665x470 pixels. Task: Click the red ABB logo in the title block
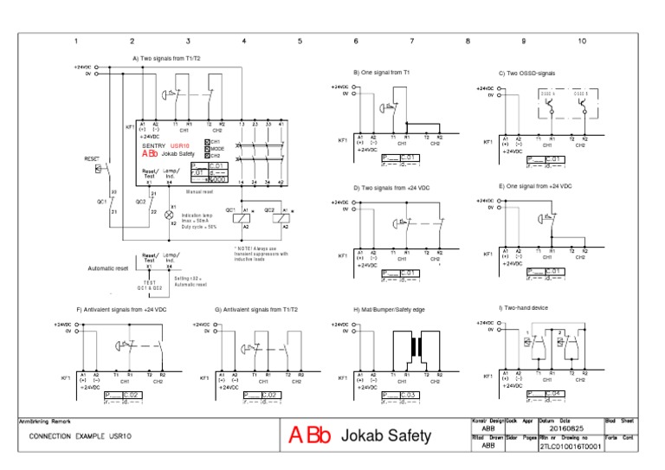(309, 435)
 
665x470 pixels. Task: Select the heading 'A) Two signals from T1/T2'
(171, 58)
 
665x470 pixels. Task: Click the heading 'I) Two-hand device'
(524, 307)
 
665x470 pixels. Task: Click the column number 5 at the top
(300, 41)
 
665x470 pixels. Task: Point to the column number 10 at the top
(581, 41)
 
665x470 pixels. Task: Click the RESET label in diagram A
(93, 159)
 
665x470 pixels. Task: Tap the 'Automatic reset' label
(108, 268)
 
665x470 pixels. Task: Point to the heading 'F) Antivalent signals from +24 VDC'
(122, 309)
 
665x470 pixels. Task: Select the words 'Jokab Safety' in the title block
(387, 435)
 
